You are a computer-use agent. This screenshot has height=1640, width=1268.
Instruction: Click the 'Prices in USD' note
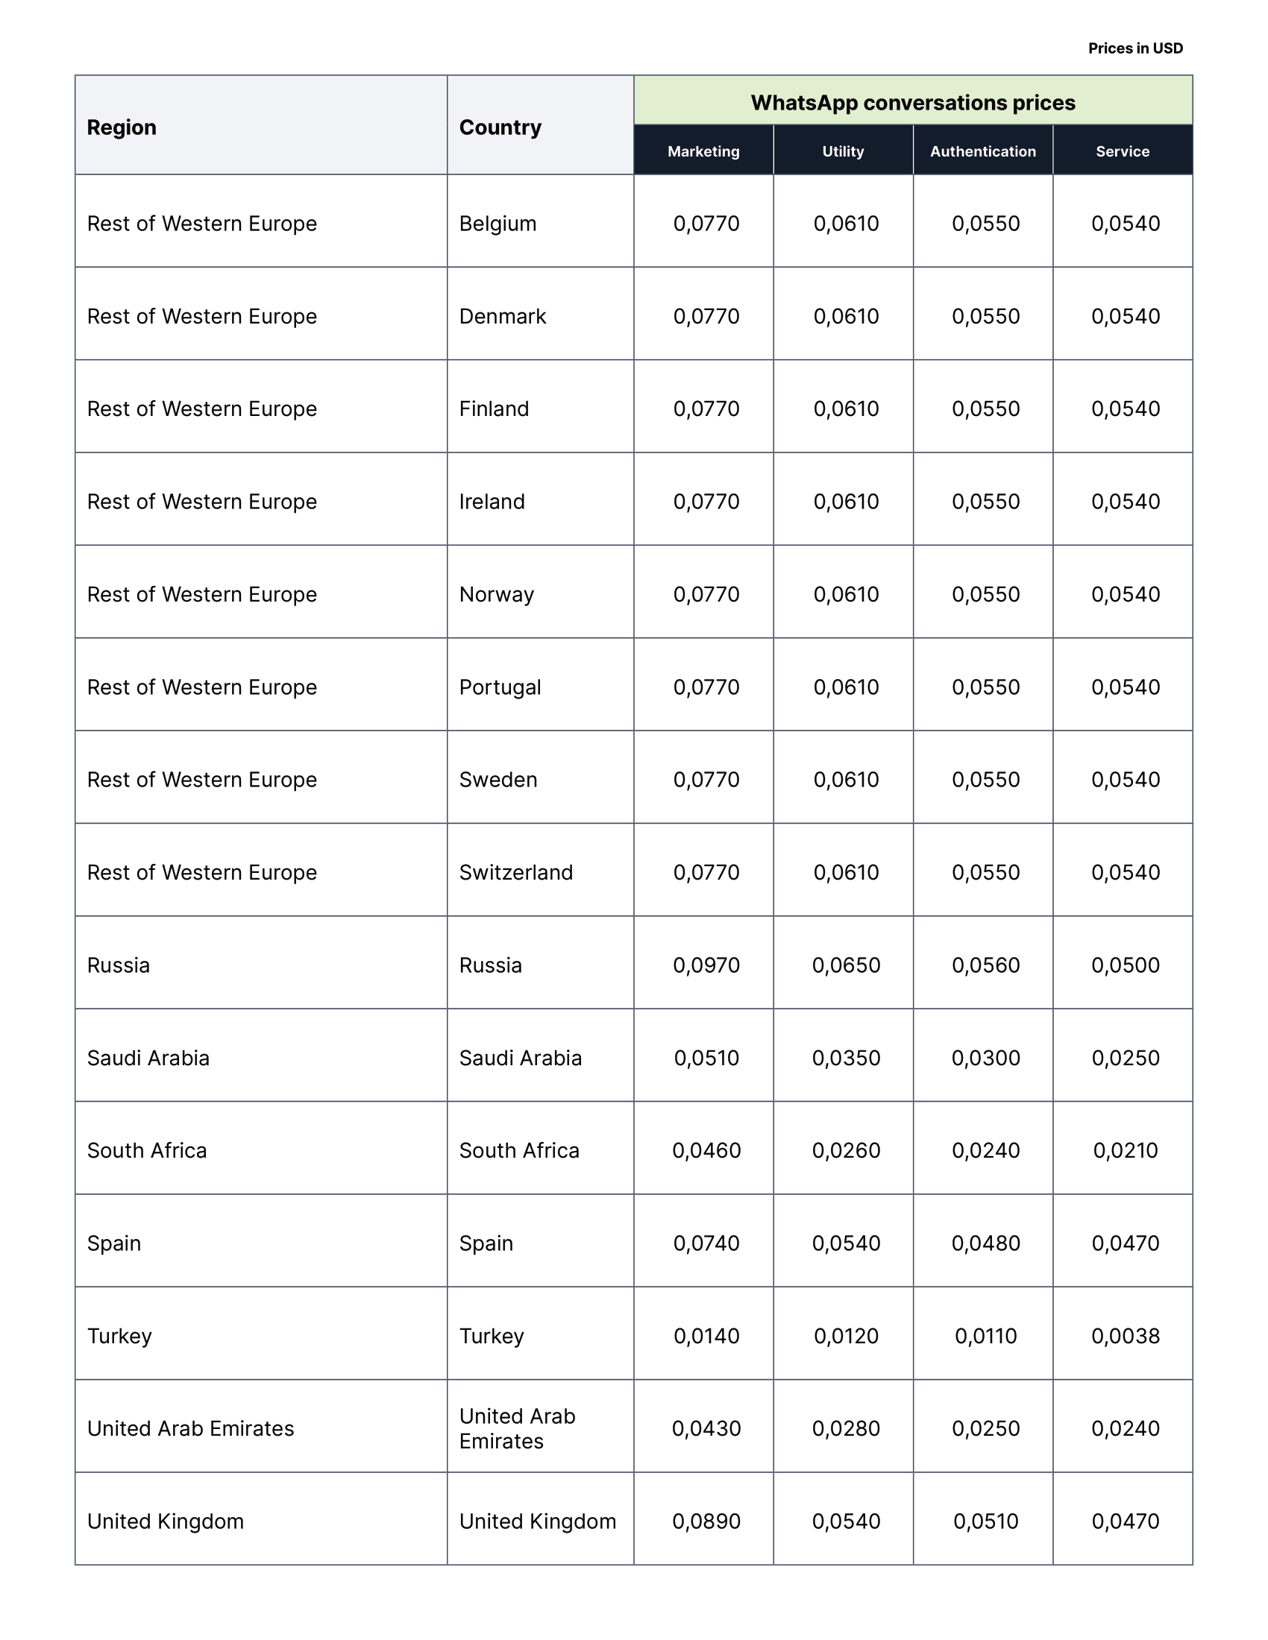pos(1135,48)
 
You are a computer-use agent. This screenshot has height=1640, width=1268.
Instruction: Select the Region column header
pos(122,127)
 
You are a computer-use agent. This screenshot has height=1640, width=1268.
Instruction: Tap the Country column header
pos(500,127)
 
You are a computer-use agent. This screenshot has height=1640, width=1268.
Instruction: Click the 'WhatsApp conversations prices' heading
pos(913,103)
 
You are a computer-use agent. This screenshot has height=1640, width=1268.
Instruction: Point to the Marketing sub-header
pos(703,151)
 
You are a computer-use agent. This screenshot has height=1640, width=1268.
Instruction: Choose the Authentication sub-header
pos(982,151)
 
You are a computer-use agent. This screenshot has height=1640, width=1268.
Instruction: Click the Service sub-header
pos(1123,151)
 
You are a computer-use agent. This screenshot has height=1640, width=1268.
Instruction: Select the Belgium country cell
pos(498,224)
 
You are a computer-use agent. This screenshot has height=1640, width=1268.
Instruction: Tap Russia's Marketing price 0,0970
pos(706,965)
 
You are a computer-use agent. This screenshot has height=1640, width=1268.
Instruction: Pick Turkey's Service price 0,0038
pos(1126,1336)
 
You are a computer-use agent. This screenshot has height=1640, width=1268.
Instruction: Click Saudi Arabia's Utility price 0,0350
pos(846,1058)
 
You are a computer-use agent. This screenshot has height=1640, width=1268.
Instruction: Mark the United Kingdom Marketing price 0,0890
pos(706,1521)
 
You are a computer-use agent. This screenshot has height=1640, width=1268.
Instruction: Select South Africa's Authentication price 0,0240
pos(985,1150)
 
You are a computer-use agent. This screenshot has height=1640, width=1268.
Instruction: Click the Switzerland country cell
pos(516,873)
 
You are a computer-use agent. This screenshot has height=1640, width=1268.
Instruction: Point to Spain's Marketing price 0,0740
pos(706,1243)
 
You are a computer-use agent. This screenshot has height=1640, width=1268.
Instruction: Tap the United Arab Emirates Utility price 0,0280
pos(846,1428)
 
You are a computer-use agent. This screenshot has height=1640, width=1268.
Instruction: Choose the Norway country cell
pos(497,595)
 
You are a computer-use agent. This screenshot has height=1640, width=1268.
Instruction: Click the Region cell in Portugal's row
pos(202,687)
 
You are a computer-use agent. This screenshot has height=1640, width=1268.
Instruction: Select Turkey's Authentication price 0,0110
pos(985,1336)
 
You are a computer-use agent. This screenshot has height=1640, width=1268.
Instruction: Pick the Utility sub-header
pos(843,151)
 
